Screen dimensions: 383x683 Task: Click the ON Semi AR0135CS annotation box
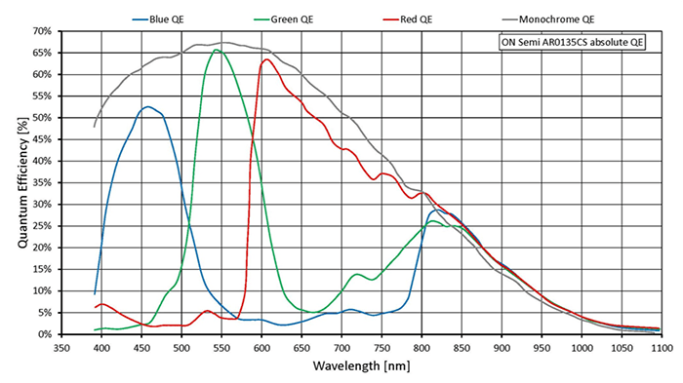pos(565,42)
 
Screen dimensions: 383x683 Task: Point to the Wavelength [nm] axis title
pos(361,367)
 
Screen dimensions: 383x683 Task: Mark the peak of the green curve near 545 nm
pos(217,50)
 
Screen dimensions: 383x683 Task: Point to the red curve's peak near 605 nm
pos(266,59)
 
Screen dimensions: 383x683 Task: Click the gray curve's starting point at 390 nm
pos(94,127)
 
